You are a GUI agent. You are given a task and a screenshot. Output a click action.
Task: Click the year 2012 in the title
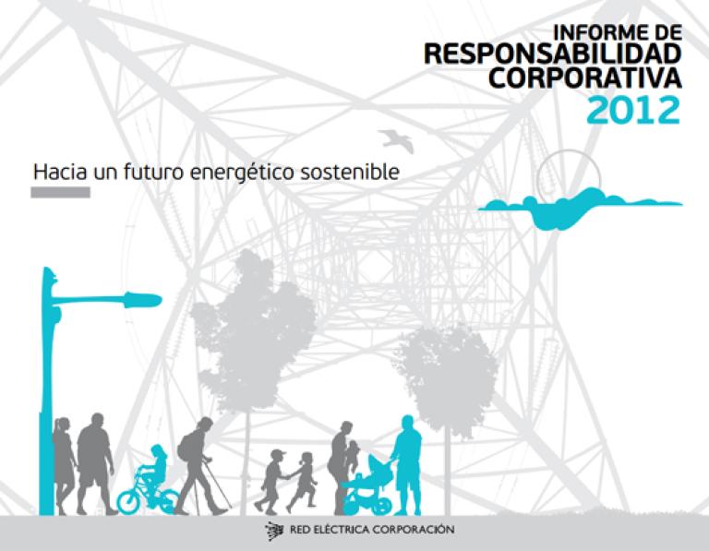click(x=633, y=110)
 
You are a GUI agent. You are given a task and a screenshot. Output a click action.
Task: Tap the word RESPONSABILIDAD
click(x=553, y=54)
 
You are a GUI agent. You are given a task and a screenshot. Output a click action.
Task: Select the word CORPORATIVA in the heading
click(x=584, y=78)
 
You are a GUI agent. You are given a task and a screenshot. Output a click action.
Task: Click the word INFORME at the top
click(x=595, y=32)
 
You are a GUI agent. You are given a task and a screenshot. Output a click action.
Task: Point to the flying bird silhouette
click(x=397, y=140)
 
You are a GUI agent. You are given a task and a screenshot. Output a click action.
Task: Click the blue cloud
click(x=579, y=209)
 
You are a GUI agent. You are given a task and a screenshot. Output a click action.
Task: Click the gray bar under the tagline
click(x=60, y=193)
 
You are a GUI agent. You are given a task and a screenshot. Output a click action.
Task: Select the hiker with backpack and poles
click(x=201, y=465)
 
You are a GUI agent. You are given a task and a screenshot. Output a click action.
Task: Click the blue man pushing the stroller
click(x=407, y=464)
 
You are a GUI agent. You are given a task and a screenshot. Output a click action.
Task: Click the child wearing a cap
click(x=271, y=482)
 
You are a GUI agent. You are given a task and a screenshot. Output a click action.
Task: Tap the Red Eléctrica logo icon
click(x=274, y=531)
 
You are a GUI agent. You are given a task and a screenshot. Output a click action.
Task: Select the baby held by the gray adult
click(x=353, y=453)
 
